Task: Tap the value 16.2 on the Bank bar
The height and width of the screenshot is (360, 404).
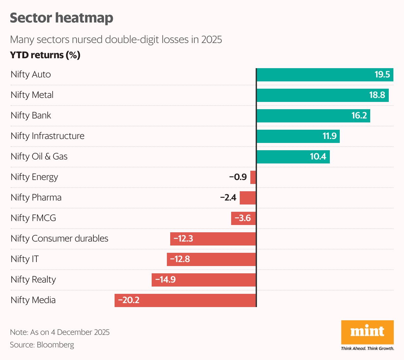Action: (359, 115)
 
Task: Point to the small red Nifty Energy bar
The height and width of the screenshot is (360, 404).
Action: (253, 177)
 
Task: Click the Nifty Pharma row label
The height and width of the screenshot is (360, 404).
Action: (36, 198)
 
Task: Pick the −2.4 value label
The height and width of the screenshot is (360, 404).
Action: (228, 198)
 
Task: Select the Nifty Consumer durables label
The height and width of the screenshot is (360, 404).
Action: (59, 239)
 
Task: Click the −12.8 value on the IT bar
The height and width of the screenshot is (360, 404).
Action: (180, 259)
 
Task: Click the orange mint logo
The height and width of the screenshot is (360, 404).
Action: (367, 332)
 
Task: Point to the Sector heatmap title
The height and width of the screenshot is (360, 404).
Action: (62, 18)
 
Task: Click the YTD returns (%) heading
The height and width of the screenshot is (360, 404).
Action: (45, 55)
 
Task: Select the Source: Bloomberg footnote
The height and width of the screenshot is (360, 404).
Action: (42, 345)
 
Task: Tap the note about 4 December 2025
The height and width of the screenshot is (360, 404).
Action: (60, 332)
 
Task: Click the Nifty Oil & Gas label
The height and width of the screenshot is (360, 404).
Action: (39, 157)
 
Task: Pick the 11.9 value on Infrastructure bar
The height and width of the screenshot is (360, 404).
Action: (329, 136)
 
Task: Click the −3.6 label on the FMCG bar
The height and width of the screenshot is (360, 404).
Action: (243, 218)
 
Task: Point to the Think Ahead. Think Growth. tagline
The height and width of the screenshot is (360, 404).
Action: (367, 348)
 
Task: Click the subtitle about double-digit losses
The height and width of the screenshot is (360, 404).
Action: (116, 40)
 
